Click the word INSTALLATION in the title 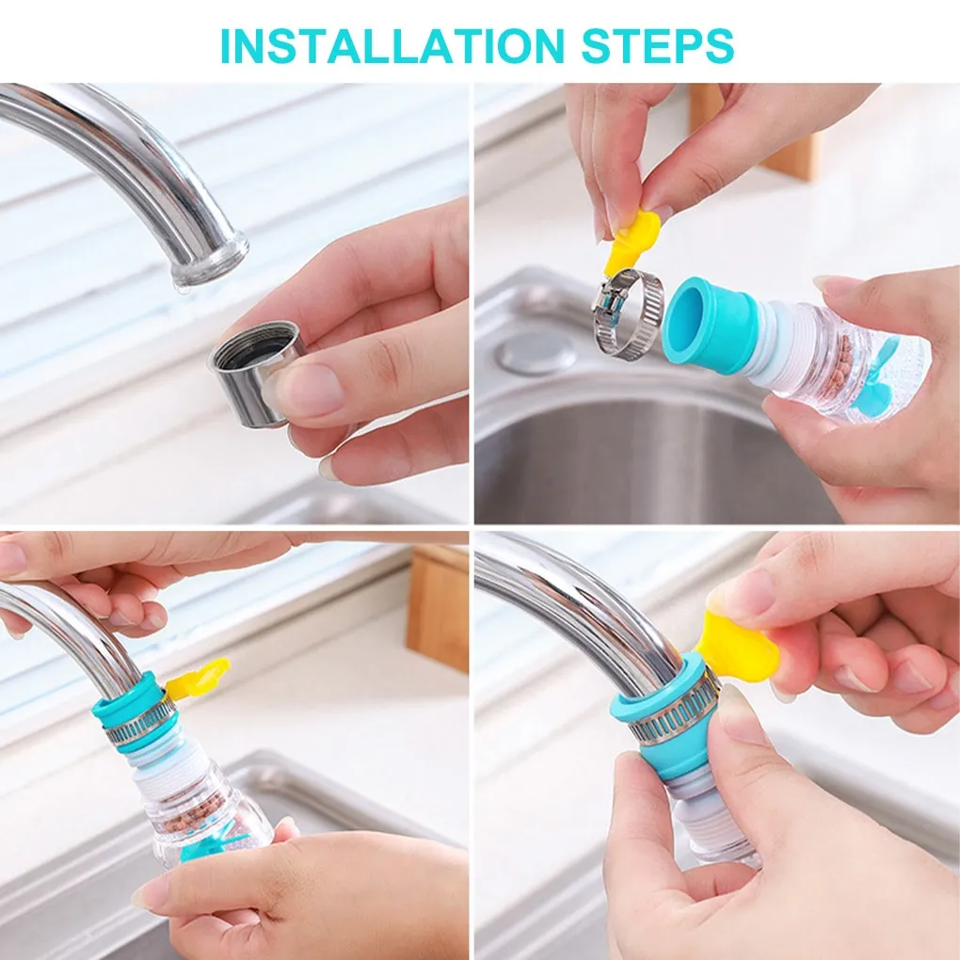pyautogui.click(x=392, y=45)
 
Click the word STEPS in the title pyautogui.click(x=658, y=45)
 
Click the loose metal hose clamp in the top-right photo pyautogui.click(x=628, y=312)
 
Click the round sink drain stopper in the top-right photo pyautogui.click(x=536, y=353)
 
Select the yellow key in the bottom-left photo pyautogui.click(x=197, y=679)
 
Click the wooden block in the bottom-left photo pyautogui.click(x=437, y=608)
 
